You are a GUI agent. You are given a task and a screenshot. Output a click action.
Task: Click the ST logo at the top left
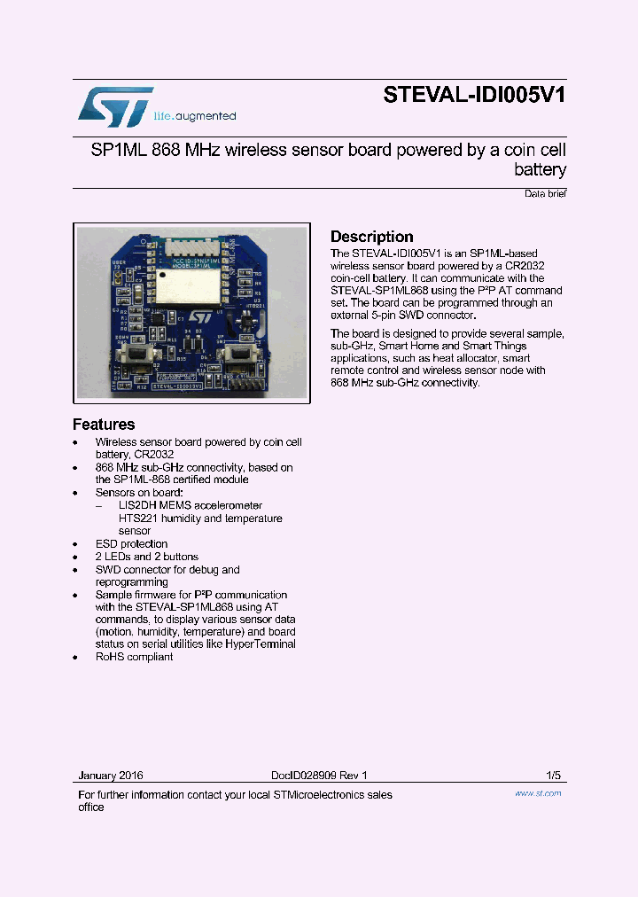tap(115, 106)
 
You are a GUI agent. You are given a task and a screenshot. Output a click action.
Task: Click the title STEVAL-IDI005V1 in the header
tap(474, 95)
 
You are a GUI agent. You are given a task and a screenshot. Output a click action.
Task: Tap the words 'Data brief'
tap(545, 193)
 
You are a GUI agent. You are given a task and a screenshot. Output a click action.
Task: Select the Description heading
tap(372, 237)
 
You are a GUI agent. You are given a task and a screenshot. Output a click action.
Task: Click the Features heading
tap(104, 425)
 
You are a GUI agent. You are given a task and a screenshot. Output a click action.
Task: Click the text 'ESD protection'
tap(131, 543)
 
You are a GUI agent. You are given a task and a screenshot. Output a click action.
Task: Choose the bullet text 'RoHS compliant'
tap(134, 657)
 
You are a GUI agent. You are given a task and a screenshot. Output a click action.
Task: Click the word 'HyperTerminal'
tap(261, 644)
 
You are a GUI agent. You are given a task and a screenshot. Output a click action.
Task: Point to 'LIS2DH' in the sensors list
tap(136, 505)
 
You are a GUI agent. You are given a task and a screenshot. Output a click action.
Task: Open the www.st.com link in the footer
tap(538, 793)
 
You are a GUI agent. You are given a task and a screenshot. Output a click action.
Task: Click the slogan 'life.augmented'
tap(195, 116)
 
